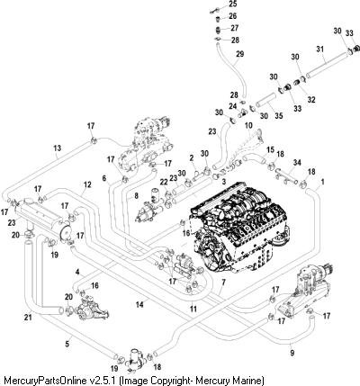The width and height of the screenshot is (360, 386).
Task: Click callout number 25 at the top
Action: click(x=233, y=4)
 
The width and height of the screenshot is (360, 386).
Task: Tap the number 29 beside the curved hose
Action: click(x=239, y=54)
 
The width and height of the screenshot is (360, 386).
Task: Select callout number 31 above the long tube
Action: click(x=320, y=49)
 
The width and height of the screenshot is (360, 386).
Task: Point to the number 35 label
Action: click(x=279, y=115)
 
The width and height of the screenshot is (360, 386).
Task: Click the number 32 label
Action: click(x=311, y=100)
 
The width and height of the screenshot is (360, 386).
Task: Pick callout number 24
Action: click(x=233, y=106)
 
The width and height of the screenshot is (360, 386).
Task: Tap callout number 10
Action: click(x=248, y=125)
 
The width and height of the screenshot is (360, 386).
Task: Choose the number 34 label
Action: click(x=297, y=163)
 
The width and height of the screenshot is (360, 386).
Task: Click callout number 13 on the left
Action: click(x=57, y=148)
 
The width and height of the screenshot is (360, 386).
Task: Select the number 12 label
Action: click(x=87, y=184)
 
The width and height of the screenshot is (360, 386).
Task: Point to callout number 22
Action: click(x=164, y=182)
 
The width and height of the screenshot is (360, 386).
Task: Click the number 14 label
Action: click(x=139, y=305)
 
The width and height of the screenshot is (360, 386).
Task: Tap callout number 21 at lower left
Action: click(x=28, y=318)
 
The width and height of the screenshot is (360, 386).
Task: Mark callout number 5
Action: click(x=67, y=344)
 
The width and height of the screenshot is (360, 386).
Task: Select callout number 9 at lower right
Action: click(x=292, y=353)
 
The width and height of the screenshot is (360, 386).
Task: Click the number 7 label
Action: click(x=223, y=282)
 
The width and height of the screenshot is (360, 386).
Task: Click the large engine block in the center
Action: click(x=240, y=228)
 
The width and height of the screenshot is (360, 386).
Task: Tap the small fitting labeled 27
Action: click(x=219, y=30)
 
